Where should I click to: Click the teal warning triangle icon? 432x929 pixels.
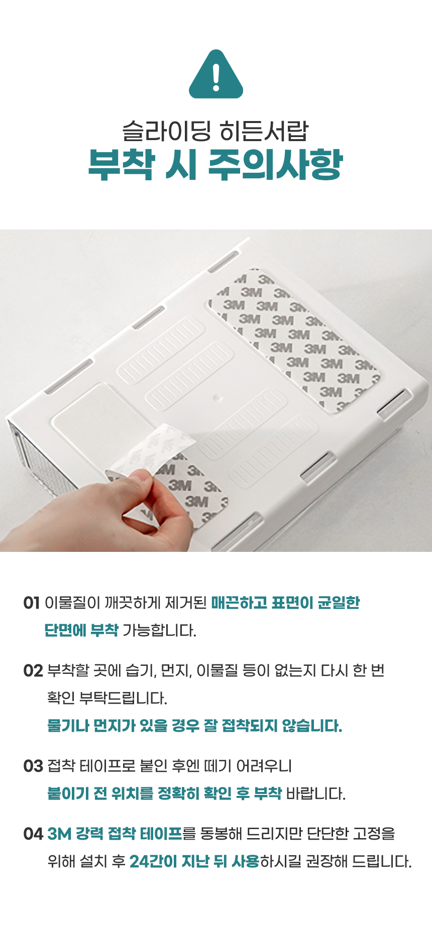216,75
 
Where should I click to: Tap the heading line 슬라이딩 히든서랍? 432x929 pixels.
215,132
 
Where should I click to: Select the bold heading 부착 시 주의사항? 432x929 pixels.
215,164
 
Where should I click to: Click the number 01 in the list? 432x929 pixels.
31,603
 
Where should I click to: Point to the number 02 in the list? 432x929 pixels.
33,670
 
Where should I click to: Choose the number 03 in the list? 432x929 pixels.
33,766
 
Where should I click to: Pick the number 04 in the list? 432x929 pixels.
33,834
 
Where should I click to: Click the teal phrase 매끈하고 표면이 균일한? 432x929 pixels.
285,603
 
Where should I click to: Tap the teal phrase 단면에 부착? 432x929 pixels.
81,630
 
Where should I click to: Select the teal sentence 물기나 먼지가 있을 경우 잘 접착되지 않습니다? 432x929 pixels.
194,726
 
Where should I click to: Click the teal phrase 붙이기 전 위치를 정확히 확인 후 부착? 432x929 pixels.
164,793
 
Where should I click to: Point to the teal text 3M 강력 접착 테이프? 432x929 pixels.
115,834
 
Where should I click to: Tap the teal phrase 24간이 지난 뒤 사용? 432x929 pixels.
194,861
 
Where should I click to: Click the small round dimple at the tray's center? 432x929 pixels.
217,398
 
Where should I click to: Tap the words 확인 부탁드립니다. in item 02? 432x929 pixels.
107,698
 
